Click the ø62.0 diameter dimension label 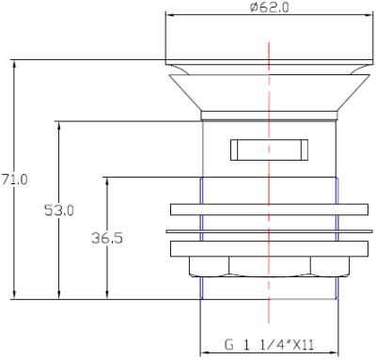(x=269, y=8)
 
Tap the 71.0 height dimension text (x=15, y=180)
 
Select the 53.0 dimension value (x=59, y=211)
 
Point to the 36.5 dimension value (x=107, y=238)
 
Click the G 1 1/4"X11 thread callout (x=269, y=345)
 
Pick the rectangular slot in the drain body (x=269, y=149)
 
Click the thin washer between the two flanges (x=269, y=231)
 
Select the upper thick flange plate (x=269, y=210)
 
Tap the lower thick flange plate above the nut (x=269, y=249)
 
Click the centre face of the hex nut (x=270, y=267)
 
